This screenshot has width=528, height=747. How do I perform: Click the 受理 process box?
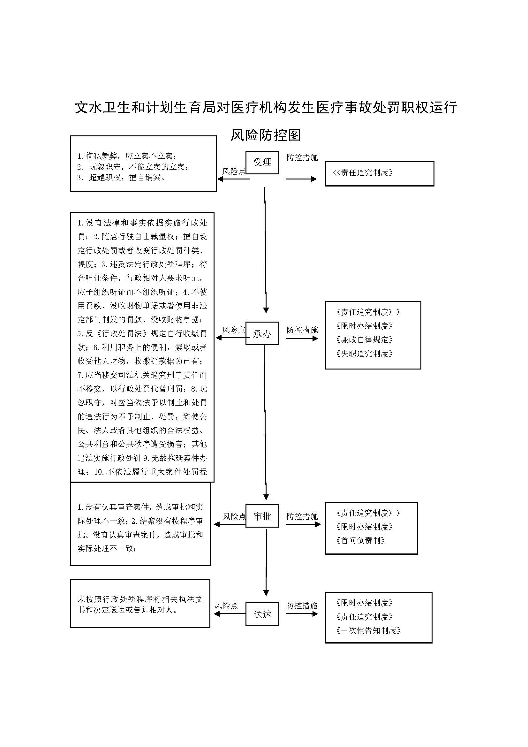(262, 162)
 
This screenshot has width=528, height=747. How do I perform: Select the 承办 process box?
(262, 333)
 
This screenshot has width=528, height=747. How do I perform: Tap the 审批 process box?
(262, 516)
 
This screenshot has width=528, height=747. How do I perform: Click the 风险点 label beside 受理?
(233, 172)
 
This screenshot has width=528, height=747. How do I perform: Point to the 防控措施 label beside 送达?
(302, 606)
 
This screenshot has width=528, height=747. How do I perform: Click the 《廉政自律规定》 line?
(365, 340)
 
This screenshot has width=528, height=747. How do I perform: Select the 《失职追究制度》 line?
(365, 354)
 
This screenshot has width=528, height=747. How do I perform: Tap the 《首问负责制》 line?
(360, 541)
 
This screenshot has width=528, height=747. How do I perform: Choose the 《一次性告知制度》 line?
(368, 630)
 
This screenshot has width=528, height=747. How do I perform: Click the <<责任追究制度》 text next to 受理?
(363, 173)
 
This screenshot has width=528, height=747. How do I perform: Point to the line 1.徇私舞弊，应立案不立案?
(127, 156)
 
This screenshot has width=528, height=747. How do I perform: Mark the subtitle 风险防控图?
(265, 135)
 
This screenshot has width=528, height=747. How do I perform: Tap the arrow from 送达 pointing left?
(229, 614)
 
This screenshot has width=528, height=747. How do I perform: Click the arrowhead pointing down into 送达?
(266, 593)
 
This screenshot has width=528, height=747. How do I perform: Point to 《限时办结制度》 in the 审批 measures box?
(365, 527)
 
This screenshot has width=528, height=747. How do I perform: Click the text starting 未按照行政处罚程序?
(140, 605)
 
